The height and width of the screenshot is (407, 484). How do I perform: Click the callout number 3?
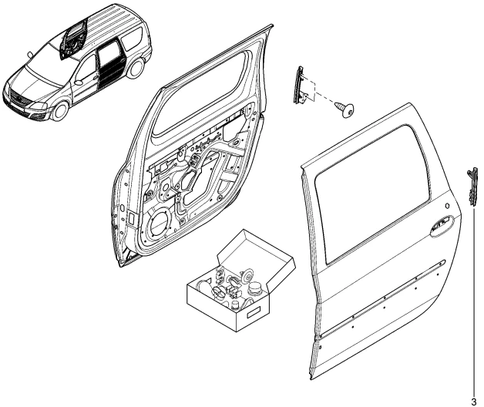[x=474, y=401]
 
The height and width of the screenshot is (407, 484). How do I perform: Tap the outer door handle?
[x=441, y=226]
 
